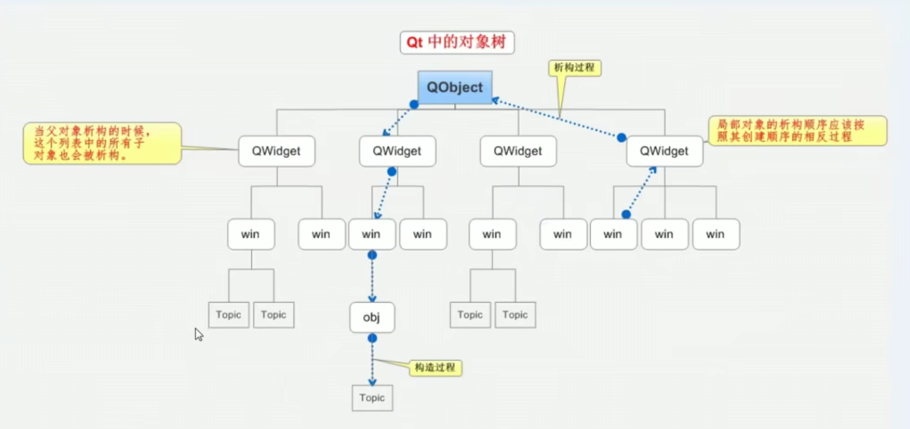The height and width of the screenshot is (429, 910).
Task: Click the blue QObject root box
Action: point(454,88)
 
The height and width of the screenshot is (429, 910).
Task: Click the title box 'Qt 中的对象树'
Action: point(457,43)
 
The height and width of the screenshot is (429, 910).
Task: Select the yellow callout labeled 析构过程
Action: point(574,68)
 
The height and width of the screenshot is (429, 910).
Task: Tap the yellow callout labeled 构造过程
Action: point(435,367)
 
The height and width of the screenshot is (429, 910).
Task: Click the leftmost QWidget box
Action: point(276,151)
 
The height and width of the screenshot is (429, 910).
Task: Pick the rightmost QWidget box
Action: point(664,151)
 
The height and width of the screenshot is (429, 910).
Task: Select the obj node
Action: point(372,317)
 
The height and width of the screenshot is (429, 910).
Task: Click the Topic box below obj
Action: point(372,398)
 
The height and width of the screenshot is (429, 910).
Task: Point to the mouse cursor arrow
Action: point(198,334)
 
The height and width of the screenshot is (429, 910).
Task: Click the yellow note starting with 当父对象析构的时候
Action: point(102,143)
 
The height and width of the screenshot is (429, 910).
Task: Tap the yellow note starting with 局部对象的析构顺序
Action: point(797,131)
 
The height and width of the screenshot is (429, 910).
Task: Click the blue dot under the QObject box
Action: point(414,104)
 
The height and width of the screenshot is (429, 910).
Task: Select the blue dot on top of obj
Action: point(372,255)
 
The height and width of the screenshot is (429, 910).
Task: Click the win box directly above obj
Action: point(372,234)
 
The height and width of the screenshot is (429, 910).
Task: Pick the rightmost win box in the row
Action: point(715,234)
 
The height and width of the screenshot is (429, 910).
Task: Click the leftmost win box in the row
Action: point(251,234)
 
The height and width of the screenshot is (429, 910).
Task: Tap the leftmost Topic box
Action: point(228,314)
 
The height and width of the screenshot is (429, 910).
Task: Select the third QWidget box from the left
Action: point(518,151)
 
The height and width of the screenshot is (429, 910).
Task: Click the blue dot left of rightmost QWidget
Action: point(621,138)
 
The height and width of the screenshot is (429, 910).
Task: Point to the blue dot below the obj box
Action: point(372,338)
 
